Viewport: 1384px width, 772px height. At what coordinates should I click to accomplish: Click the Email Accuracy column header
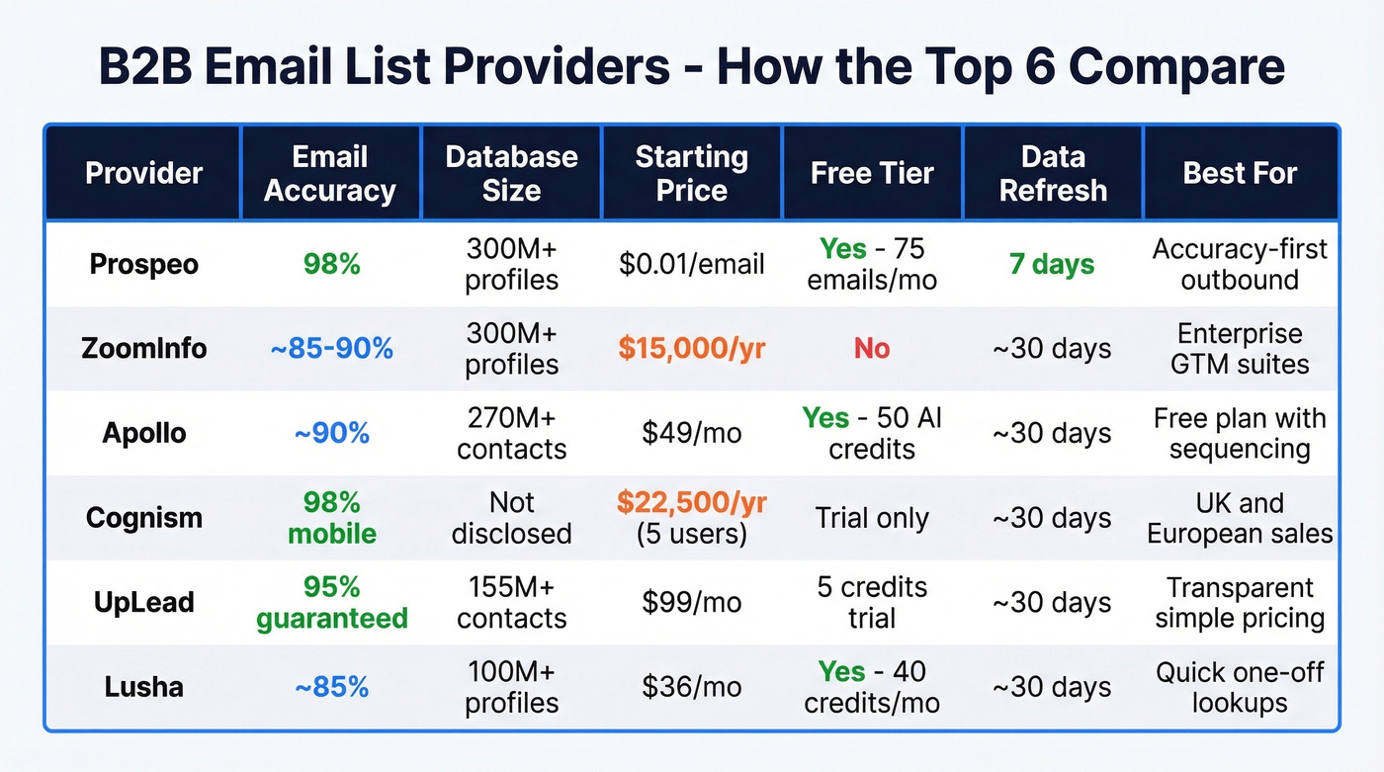point(330,173)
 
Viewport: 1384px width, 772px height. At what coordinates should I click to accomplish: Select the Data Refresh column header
point(1053,173)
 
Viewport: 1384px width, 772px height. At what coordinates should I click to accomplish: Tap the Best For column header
point(1240,173)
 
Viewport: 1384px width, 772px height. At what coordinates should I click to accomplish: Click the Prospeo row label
point(144,264)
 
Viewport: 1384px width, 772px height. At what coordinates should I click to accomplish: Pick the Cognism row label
point(144,517)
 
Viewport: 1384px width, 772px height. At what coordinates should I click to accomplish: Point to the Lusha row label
point(144,687)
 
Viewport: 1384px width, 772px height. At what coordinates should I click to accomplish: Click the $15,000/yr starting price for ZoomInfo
point(691,348)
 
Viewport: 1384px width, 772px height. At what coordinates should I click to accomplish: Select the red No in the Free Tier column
point(872,348)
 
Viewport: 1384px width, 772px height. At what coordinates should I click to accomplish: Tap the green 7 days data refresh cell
point(1053,264)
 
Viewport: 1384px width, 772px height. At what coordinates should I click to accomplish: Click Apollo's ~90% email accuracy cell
point(330,433)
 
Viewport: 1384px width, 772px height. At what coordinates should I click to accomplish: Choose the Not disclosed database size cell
point(511,517)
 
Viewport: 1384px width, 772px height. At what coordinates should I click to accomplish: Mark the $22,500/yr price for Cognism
point(691,502)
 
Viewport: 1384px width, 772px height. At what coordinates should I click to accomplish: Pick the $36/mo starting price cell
point(691,687)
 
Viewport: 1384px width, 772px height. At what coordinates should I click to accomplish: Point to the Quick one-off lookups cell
point(1240,687)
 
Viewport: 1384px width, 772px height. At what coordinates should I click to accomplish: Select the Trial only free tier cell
point(872,517)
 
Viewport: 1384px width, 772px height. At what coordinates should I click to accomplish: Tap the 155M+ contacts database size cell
point(511,602)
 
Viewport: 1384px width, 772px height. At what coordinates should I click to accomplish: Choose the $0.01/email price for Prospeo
point(691,264)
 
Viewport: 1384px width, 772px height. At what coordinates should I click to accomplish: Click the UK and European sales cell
point(1240,517)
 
